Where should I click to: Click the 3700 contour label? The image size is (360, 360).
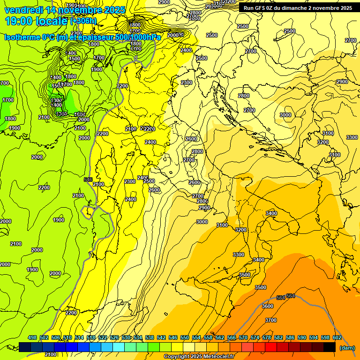click(x=271, y=320)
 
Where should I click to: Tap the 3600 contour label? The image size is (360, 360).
click(x=267, y=306)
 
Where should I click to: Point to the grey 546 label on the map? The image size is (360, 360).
click(x=88, y=180)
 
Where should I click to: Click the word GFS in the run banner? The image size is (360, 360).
click(x=261, y=8)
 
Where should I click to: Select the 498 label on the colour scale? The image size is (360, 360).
click(x=32, y=337)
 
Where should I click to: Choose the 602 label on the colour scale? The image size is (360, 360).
click(x=337, y=337)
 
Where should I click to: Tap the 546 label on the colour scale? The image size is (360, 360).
click(x=173, y=337)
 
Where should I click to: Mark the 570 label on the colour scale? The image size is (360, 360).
click(x=243, y=337)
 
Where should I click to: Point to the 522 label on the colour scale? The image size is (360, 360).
click(x=103, y=337)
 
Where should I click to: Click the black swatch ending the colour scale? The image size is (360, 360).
click(x=330, y=347)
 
